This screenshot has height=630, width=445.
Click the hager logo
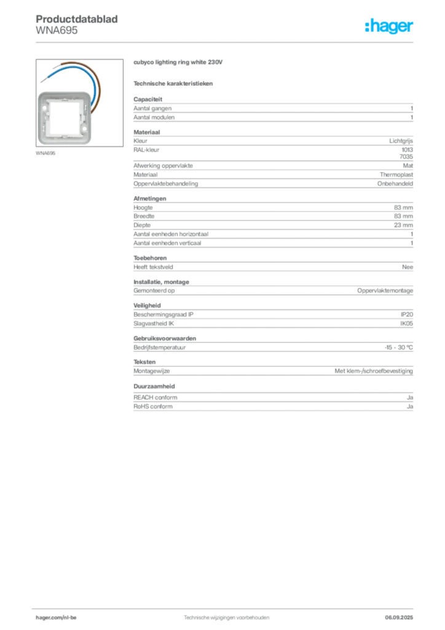click(x=389, y=26)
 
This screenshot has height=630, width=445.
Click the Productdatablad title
click(x=77, y=19)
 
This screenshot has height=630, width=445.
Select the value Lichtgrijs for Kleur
click(x=401, y=141)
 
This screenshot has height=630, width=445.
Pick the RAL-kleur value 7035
click(x=406, y=157)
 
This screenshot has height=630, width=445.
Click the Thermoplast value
click(x=396, y=175)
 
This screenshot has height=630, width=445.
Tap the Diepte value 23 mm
click(x=403, y=225)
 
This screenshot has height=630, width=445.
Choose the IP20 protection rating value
click(x=407, y=314)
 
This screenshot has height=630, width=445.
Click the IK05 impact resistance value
click(x=406, y=324)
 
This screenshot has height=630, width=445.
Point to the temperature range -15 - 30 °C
click(x=399, y=348)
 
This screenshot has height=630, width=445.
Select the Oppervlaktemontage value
click(x=385, y=290)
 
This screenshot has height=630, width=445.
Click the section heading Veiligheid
click(x=147, y=305)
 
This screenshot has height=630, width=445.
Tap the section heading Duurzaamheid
click(x=154, y=386)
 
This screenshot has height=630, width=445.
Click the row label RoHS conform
click(x=153, y=407)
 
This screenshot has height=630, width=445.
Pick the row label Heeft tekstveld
click(x=153, y=267)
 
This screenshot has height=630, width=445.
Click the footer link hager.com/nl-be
click(x=56, y=618)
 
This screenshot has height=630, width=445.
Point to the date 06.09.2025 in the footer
click(x=399, y=618)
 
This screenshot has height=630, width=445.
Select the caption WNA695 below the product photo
click(x=45, y=153)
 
